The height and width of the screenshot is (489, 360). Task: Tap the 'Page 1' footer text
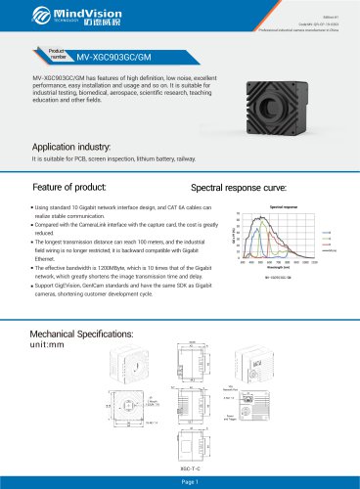coord(180,480)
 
